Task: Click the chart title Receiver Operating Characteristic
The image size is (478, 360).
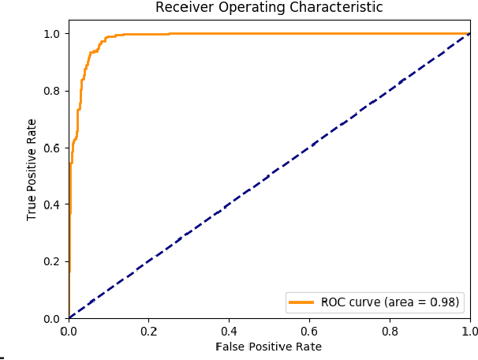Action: click(269, 8)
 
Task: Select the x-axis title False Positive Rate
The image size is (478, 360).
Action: click(269, 347)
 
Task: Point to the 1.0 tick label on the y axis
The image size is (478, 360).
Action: click(53, 34)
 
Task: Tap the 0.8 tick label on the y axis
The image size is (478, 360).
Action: click(53, 91)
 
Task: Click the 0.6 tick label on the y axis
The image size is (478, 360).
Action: click(53, 148)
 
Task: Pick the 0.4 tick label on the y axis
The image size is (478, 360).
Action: click(53, 204)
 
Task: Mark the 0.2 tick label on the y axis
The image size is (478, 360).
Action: click(53, 261)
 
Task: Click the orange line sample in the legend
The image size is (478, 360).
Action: click(303, 302)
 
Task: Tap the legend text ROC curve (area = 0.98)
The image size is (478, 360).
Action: click(389, 302)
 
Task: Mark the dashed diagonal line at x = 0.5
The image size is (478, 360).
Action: click(270, 175)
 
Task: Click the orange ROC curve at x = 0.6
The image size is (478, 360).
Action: click(309, 33)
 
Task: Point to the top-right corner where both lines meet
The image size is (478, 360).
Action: click(470, 33)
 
